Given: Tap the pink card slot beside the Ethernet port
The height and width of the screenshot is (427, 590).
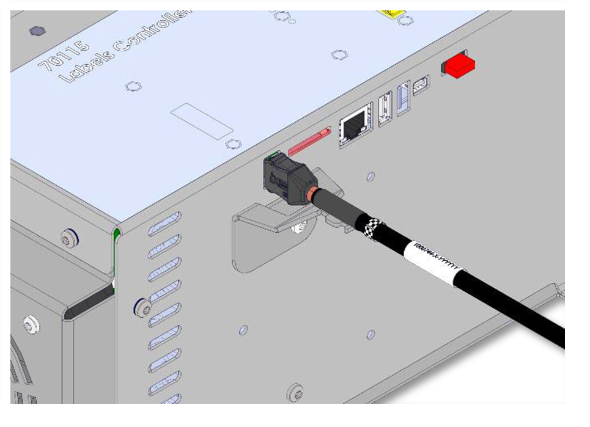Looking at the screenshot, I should coord(309,140).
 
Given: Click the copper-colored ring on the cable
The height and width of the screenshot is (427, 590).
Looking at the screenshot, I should coord(313,195).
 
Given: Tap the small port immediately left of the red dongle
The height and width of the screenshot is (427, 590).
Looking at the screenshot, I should coord(421,86).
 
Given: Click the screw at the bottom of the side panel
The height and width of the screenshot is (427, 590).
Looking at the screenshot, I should coord(297,391).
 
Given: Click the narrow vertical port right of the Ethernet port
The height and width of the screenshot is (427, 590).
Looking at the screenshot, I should coord(385,110).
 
